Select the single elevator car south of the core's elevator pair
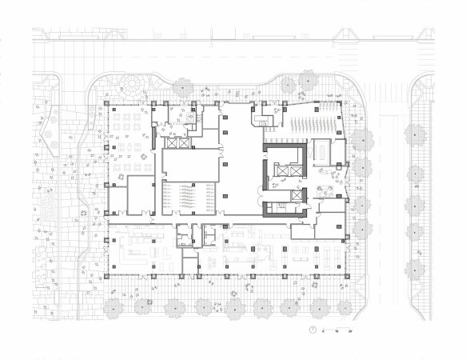tap(297, 194)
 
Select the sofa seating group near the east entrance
tap(326, 190)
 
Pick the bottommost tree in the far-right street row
tap(415, 270)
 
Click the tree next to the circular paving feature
tap(183, 86)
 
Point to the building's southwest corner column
tap(106, 274)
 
